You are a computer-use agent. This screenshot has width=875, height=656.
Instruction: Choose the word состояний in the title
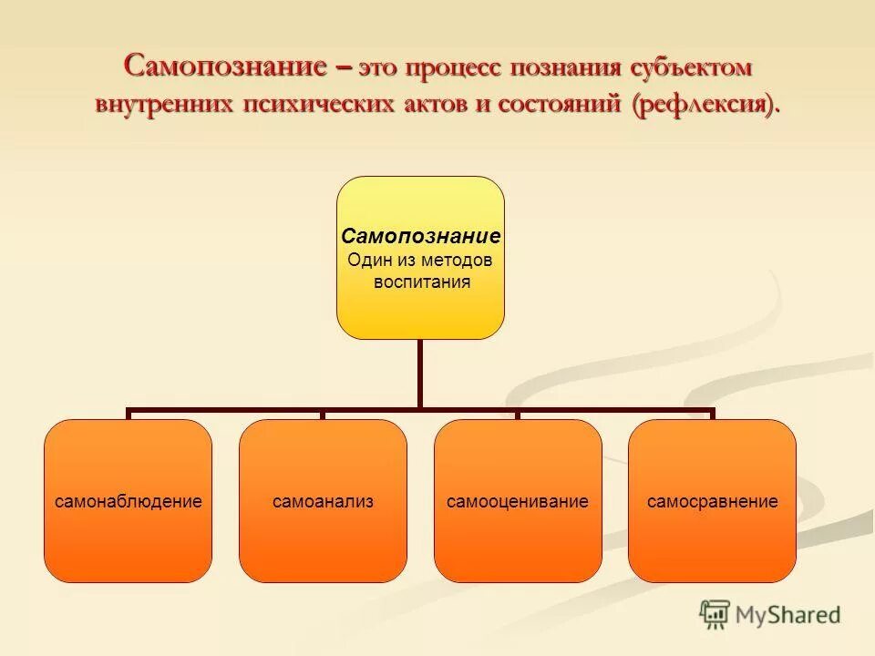coord(558,104)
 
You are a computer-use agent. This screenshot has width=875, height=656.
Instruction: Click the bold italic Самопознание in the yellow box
coord(420,236)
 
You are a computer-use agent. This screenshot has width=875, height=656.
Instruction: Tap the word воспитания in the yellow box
coord(422,282)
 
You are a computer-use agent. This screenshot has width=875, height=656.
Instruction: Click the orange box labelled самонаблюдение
coord(128,501)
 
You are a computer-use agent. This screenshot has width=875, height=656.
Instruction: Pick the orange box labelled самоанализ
coord(323,501)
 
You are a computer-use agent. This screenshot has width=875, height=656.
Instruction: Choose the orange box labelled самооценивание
coord(518,501)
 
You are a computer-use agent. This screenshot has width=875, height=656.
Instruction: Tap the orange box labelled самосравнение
coord(712,501)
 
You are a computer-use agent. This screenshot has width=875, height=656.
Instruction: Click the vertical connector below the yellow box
coord(420,374)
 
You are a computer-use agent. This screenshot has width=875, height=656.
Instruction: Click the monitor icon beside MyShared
coord(715,613)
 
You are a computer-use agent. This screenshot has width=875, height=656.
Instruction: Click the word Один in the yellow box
coord(366,260)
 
